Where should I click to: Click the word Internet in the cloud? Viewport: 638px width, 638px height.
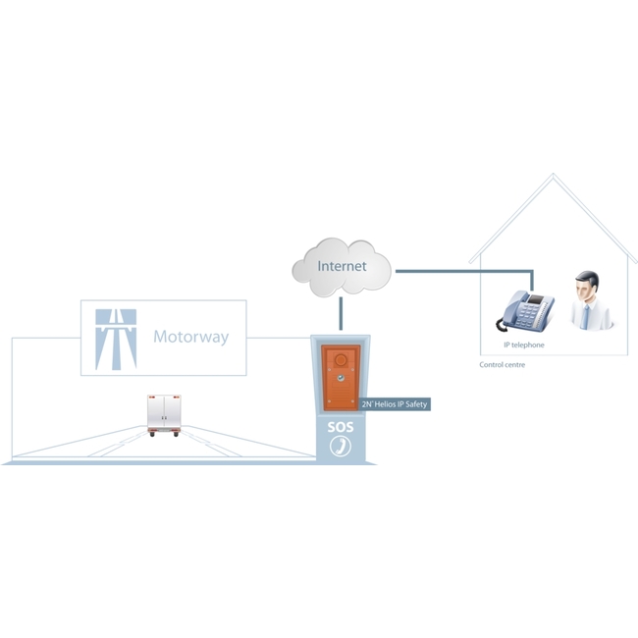click(x=342, y=266)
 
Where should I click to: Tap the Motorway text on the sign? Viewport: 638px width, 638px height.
click(x=190, y=337)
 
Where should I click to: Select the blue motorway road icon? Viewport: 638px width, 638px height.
click(x=116, y=340)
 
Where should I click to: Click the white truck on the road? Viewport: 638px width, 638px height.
click(x=164, y=415)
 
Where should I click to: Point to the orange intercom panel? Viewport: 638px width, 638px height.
click(x=341, y=378)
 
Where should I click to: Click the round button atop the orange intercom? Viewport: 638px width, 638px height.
click(x=341, y=359)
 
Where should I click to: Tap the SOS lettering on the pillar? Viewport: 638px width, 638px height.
click(x=341, y=427)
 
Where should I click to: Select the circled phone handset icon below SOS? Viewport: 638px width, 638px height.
click(x=341, y=446)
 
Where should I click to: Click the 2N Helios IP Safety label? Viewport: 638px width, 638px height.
click(x=395, y=404)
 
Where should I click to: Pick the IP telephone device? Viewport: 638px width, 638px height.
click(x=525, y=310)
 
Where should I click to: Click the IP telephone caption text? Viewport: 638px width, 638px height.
click(x=524, y=346)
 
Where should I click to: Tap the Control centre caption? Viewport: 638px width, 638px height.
click(x=503, y=365)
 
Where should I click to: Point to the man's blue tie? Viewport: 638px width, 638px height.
click(x=585, y=317)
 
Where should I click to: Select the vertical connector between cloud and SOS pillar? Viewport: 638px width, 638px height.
click(x=341, y=313)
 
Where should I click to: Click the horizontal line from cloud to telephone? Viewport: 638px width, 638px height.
click(x=464, y=271)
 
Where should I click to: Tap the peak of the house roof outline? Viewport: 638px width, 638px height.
click(x=553, y=174)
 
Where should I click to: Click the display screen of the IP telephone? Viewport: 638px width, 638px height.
click(x=537, y=299)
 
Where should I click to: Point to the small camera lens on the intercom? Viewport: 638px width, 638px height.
click(x=341, y=379)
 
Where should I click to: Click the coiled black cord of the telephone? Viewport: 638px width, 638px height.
click(x=500, y=324)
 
